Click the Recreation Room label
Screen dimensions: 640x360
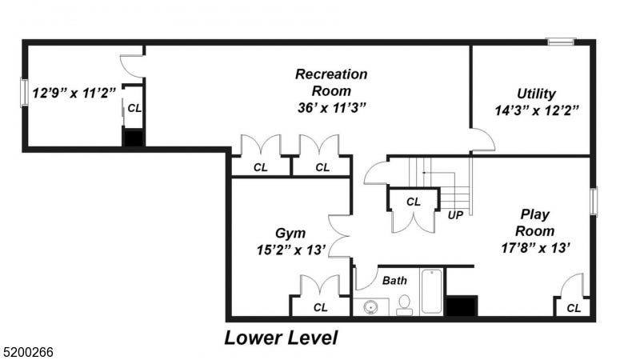[x=331, y=82]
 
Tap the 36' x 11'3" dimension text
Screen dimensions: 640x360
[x=331, y=108]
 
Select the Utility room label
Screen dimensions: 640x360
[x=536, y=94]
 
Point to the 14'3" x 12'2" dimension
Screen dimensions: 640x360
[x=537, y=110]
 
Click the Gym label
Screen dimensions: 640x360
[x=290, y=233]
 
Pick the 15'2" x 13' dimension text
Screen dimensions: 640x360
[x=291, y=250]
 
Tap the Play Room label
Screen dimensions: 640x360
[x=534, y=222]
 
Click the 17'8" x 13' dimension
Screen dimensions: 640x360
[x=535, y=247]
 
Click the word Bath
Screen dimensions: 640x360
[x=394, y=281]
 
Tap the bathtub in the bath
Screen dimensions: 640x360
[x=432, y=291]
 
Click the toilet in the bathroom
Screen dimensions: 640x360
[x=404, y=306]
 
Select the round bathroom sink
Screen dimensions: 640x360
[x=370, y=307]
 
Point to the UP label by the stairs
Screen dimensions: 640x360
[x=455, y=215]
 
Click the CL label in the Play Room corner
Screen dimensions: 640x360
[x=574, y=308]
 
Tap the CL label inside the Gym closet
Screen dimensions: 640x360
[x=321, y=307]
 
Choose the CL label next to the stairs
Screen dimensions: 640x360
[x=413, y=202]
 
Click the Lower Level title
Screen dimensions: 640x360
[x=282, y=338]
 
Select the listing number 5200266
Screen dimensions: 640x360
[x=27, y=352]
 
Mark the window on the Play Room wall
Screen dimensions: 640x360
[x=594, y=201]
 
